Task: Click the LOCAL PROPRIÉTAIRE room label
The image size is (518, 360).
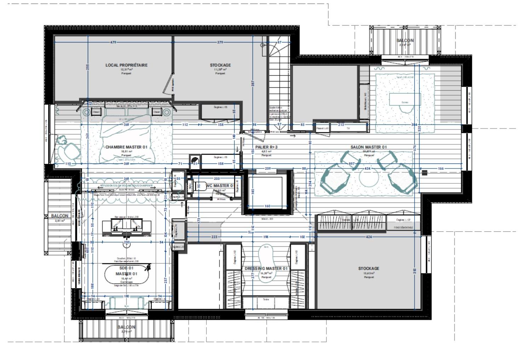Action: (x=126, y=65)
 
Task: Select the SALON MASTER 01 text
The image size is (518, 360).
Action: (x=369, y=147)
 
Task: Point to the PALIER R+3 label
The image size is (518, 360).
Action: (x=266, y=147)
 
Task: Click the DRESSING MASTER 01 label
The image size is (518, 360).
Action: (x=266, y=268)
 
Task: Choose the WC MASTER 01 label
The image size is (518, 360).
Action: (x=220, y=185)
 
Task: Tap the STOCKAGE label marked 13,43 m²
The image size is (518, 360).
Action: (x=369, y=268)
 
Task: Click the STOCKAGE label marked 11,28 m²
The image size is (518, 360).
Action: (x=220, y=65)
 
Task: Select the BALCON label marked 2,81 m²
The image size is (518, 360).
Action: (x=59, y=216)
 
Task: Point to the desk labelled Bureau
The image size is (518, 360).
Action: (x=405, y=99)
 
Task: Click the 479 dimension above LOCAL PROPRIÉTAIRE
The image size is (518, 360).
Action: (x=113, y=42)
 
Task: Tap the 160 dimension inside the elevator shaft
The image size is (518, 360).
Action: (x=267, y=206)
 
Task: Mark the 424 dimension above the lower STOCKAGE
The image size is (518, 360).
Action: (x=369, y=237)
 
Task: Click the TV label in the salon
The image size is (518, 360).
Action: (x=348, y=128)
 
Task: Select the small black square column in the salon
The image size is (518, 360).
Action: (x=425, y=173)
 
